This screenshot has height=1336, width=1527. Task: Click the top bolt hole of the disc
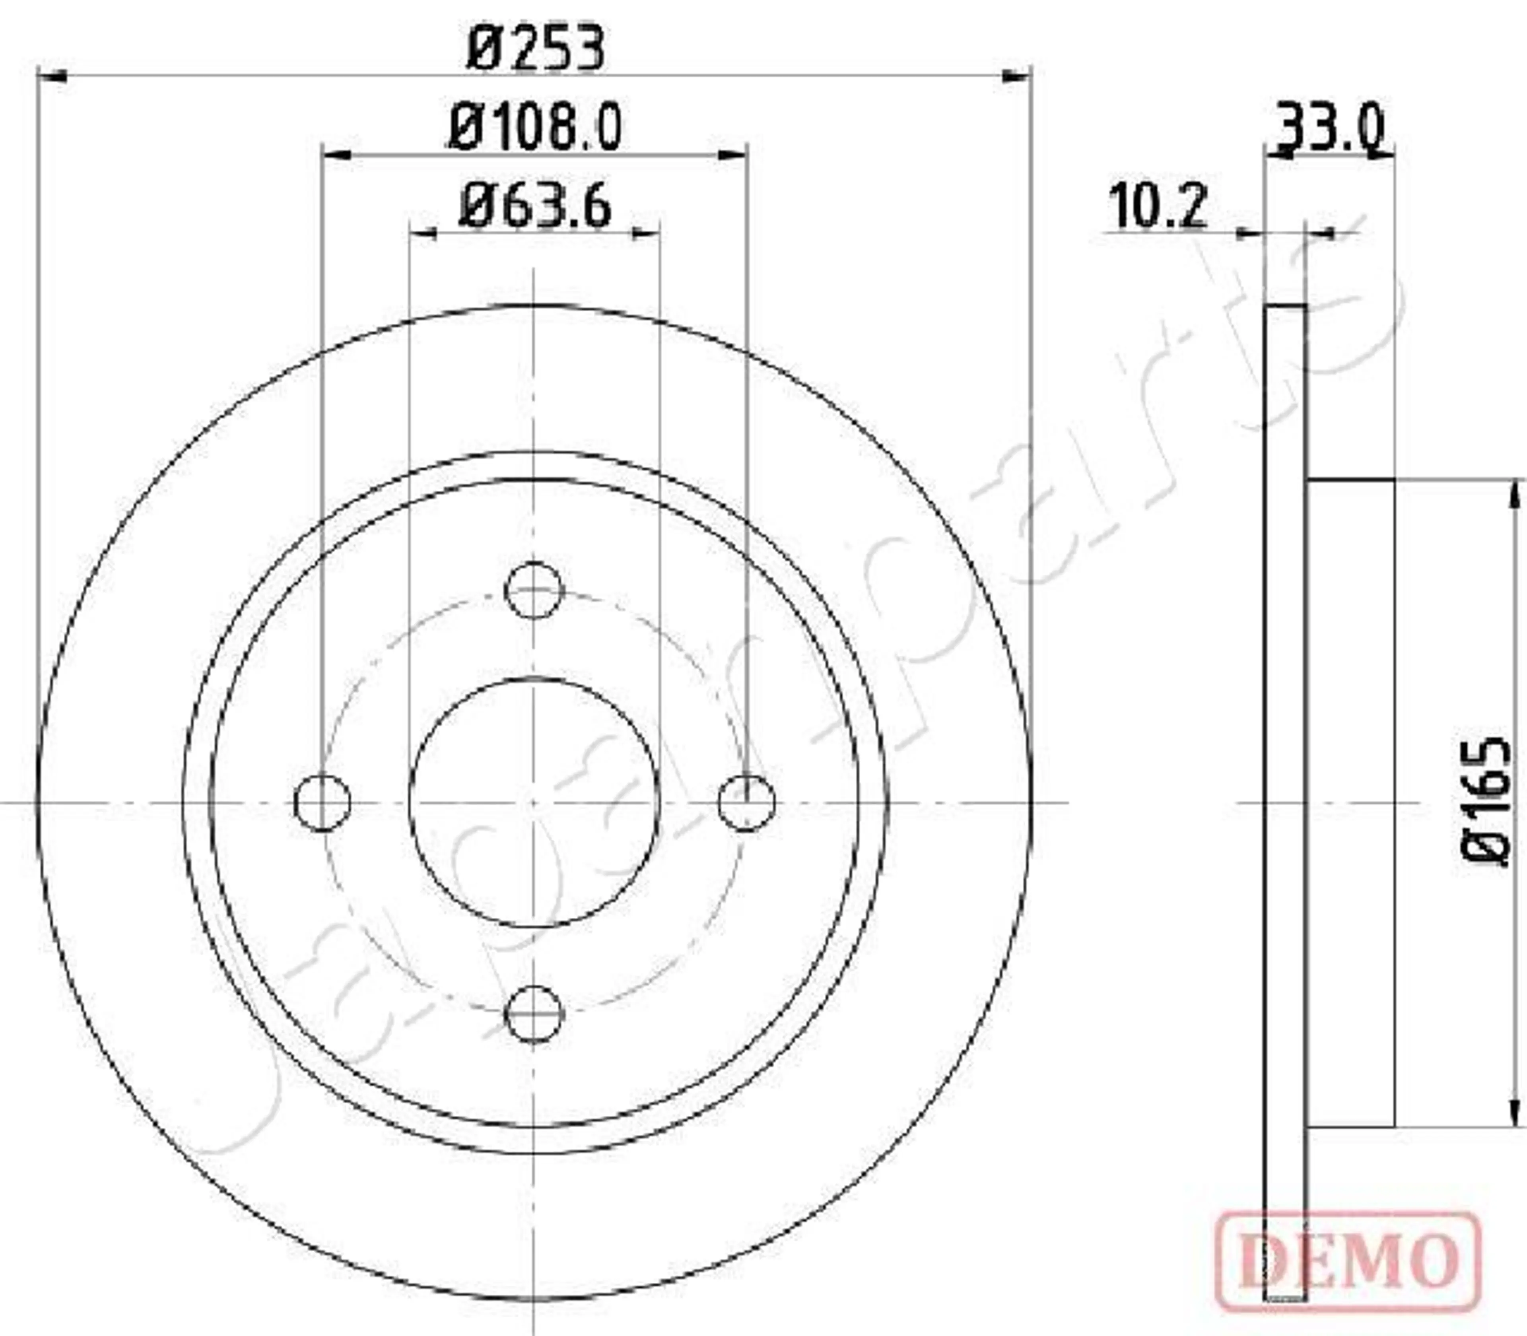(534, 590)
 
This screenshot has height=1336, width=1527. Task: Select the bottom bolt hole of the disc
(534, 1013)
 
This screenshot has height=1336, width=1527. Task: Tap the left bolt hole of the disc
(322, 802)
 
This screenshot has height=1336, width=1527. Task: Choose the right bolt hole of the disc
(746, 802)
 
